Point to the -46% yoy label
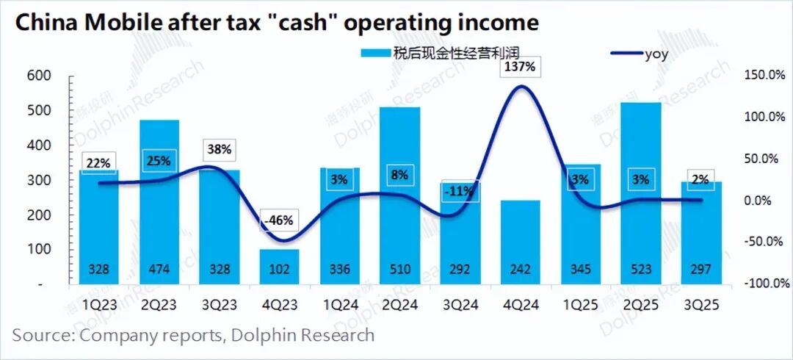[x=279, y=220]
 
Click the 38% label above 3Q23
[x=219, y=150]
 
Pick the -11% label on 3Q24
[x=460, y=192]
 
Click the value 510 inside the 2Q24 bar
[x=399, y=269]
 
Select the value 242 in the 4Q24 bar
[x=520, y=269]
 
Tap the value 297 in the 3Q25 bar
[x=700, y=269]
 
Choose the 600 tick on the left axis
[x=39, y=76]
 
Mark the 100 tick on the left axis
[x=39, y=249]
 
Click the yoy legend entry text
[x=655, y=53]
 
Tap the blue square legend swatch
[x=366, y=53]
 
